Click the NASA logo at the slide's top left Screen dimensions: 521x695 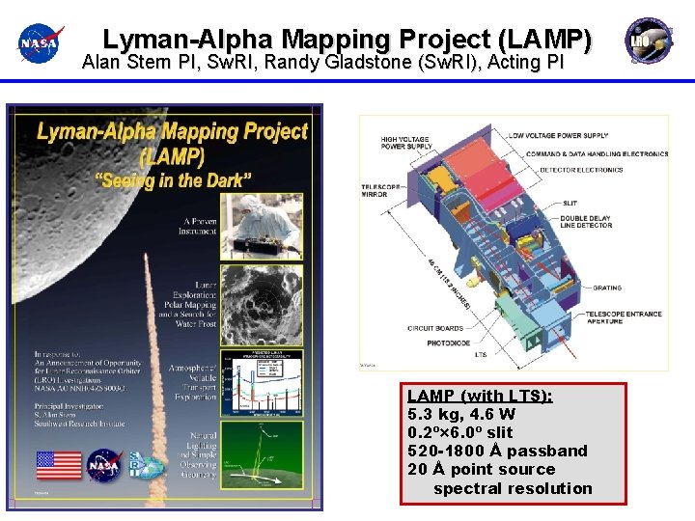click(40, 42)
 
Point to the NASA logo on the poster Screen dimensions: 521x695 click(103, 466)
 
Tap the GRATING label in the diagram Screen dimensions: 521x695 click(607, 288)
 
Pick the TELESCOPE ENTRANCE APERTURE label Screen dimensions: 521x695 click(623, 317)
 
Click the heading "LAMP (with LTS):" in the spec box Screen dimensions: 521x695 click(480, 396)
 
